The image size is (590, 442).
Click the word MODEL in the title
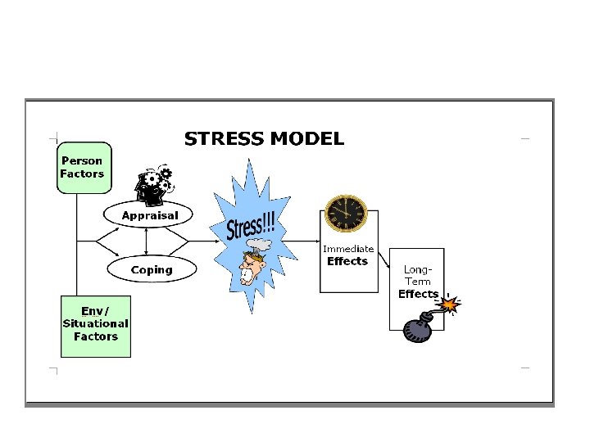pos(306,139)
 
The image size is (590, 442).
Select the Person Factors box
pos(83,168)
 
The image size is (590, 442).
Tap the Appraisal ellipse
pos(149,215)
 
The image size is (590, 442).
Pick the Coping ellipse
pos(152,269)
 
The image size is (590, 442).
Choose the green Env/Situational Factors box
pos(96,325)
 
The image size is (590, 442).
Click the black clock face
pos(343,214)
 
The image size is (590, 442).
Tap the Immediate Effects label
pos(348,255)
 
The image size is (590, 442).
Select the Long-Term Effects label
pos(418,281)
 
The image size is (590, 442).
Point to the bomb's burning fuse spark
pos(450,305)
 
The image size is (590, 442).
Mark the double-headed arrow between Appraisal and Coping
pos(145,241)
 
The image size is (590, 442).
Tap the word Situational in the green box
pos(96,323)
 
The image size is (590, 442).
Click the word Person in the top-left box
pos(82,161)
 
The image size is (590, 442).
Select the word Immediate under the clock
pos(348,249)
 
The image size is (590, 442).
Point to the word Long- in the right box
pos(418,269)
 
